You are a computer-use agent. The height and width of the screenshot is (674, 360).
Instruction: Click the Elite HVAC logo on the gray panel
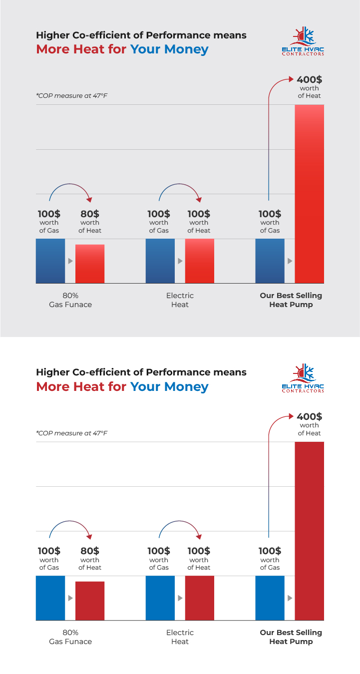(x=303, y=42)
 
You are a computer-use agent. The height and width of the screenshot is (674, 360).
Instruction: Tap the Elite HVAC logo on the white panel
(x=303, y=379)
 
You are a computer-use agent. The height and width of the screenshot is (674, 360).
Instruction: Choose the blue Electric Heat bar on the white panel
(x=160, y=598)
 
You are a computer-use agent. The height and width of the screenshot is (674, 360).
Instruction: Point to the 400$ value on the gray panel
(x=309, y=79)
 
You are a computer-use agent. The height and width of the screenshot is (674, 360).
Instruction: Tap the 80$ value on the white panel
(x=90, y=551)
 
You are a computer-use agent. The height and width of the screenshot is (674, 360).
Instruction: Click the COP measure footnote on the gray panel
(x=71, y=95)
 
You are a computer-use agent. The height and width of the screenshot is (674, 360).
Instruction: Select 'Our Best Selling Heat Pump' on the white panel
(x=291, y=637)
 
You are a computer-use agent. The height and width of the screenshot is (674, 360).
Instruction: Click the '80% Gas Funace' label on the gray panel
(x=70, y=300)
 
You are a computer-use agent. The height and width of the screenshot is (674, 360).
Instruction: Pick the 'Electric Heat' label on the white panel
(x=180, y=637)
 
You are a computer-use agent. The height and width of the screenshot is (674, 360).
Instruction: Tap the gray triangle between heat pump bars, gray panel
(x=290, y=261)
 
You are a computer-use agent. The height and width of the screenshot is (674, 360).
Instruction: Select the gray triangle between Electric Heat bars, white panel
(x=180, y=598)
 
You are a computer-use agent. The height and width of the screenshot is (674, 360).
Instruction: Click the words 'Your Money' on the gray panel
(x=169, y=49)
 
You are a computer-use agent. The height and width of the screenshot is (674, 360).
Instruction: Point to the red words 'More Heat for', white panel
(x=81, y=386)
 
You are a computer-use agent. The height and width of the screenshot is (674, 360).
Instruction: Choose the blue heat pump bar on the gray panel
(x=270, y=261)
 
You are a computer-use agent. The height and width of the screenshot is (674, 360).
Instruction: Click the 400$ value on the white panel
(x=309, y=416)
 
